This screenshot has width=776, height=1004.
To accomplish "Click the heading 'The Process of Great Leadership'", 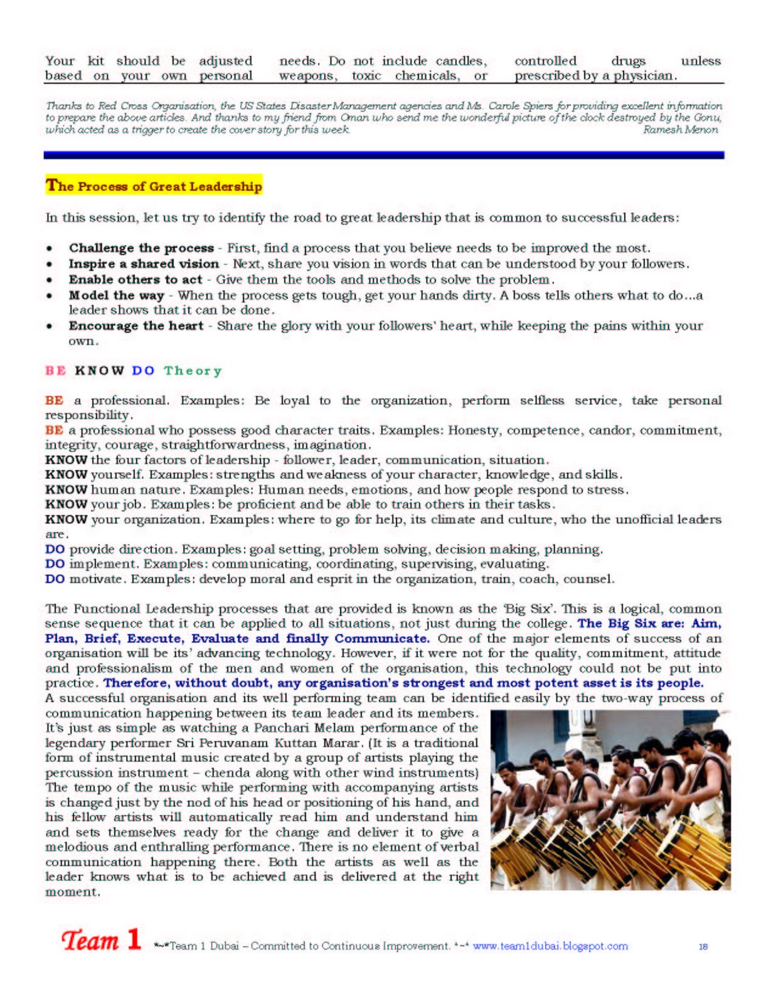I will click(154, 186).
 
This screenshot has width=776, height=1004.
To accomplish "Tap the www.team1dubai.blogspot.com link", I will click(550, 946).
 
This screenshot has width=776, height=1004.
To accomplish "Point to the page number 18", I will click(703, 946).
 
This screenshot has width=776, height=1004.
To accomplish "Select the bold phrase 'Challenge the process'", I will click(141, 248).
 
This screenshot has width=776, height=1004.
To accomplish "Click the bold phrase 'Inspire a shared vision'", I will click(144, 264).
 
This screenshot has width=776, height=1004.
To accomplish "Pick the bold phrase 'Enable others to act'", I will click(136, 279).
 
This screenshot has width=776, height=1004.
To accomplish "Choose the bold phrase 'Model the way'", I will click(117, 295).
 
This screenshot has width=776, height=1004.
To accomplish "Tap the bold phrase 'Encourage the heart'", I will click(136, 326).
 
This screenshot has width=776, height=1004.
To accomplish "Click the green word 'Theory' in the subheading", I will click(193, 370).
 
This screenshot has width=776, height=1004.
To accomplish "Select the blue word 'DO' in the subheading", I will click(143, 370).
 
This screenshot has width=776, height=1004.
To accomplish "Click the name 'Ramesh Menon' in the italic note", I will click(681, 129).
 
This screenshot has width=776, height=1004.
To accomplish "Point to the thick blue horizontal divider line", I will click(384, 155).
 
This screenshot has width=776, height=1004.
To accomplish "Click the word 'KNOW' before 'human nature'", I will click(66, 489).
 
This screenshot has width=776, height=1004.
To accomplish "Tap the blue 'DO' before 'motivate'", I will click(55, 579).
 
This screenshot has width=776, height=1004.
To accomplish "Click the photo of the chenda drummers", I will click(610, 799).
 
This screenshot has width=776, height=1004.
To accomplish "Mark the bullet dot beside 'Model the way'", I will click(49, 295).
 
